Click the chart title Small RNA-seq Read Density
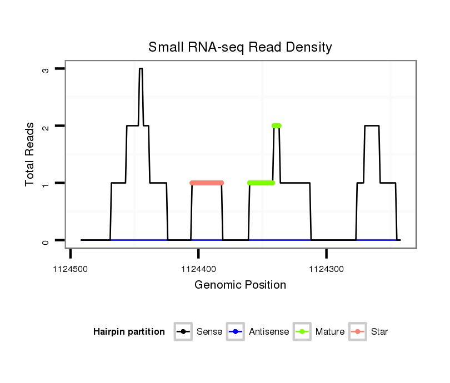tap(240, 47)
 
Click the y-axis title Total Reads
tap(31, 154)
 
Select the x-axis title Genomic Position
tap(240, 285)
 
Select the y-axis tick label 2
tap(45, 126)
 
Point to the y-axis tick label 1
tap(45, 183)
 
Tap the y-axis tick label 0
tap(45, 240)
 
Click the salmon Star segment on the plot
tap(206, 183)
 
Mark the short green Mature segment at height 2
tap(276, 125)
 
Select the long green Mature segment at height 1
tap(261, 183)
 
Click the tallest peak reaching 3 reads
tap(141, 69)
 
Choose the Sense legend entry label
tap(209, 332)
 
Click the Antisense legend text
tap(269, 332)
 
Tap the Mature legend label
tap(330, 332)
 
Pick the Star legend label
tap(380, 332)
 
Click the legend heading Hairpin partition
tap(129, 332)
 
